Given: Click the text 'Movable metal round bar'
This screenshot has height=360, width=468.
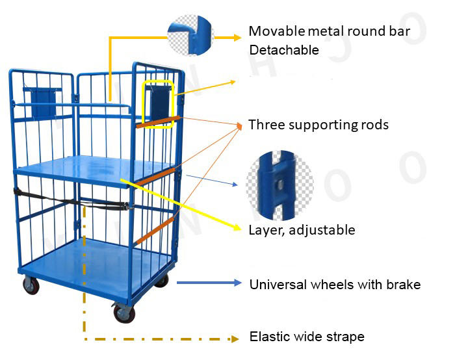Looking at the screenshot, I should (x=329, y=32).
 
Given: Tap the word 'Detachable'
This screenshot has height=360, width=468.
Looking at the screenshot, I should (x=283, y=50).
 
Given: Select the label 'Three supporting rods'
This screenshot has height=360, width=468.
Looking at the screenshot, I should (x=318, y=125).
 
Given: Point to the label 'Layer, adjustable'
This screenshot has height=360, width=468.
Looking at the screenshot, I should (x=302, y=229).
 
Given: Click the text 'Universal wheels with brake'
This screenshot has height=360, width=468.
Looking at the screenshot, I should (x=335, y=285).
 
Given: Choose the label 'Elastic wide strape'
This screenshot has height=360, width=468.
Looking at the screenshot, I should (x=307, y=337).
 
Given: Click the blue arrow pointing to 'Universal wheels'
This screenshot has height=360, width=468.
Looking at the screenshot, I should (x=209, y=283).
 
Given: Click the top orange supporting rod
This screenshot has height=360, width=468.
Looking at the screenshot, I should (x=159, y=121).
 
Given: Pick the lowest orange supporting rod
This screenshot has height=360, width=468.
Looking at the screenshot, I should (x=154, y=230).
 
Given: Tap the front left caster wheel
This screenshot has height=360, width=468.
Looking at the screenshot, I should (x=31, y=285).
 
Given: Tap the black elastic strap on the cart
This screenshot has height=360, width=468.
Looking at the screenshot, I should (x=71, y=202).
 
